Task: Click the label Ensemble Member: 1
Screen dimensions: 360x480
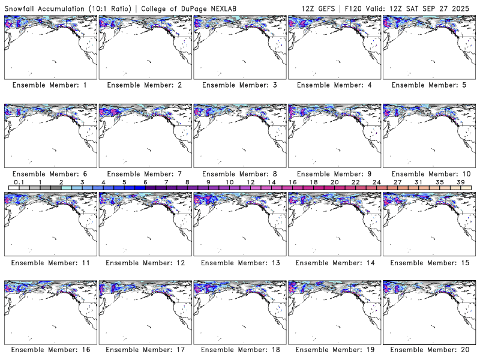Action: pos(50,85)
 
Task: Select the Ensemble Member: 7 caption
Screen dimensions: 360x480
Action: pos(144,174)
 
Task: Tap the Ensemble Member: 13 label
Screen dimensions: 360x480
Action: pos(239,263)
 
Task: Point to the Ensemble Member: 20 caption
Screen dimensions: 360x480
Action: pos(428,350)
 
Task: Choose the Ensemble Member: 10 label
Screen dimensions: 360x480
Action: pos(428,174)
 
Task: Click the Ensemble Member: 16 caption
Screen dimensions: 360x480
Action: pos(50,350)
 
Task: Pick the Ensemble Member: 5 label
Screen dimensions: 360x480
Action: pos(428,85)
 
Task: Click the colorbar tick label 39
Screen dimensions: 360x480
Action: pos(460,182)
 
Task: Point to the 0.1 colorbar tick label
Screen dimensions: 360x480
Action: pos(19,182)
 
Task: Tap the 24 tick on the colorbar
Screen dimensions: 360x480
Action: pos(376,182)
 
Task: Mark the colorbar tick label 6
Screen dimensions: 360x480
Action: pos(145,182)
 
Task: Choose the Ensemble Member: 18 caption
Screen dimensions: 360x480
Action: pos(239,350)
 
